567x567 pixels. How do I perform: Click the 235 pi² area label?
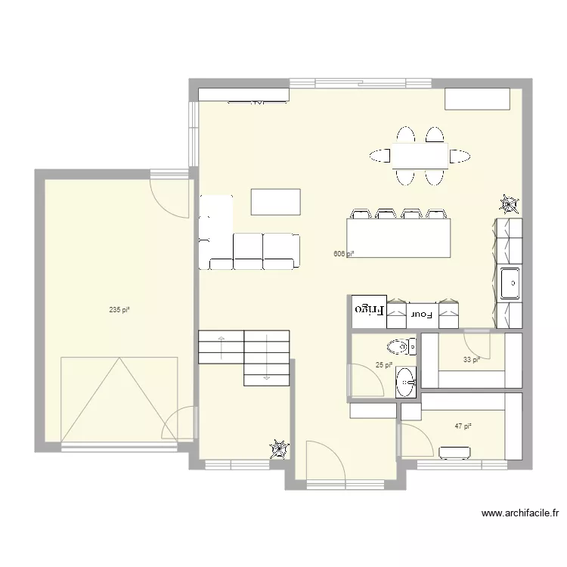[x=119, y=310]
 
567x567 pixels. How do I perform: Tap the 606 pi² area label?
[x=343, y=254]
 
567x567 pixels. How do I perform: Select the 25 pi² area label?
[x=383, y=365]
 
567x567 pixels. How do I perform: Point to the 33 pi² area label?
[x=472, y=359]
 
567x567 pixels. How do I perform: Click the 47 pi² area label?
[x=463, y=426]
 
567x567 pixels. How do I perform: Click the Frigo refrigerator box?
[x=369, y=310]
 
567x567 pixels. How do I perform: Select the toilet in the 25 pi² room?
[x=401, y=347]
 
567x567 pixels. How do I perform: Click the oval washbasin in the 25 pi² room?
[x=406, y=383]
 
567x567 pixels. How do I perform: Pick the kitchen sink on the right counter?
[x=510, y=283]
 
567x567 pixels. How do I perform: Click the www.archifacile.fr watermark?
[x=520, y=513]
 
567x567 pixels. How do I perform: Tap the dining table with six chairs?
[x=420, y=156]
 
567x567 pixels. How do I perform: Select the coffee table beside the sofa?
[x=275, y=202]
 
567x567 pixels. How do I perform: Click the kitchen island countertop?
[x=398, y=237]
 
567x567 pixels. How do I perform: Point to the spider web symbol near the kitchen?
[x=509, y=205]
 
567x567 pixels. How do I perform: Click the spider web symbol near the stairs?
[x=280, y=449]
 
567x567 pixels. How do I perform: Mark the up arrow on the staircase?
[x=221, y=348]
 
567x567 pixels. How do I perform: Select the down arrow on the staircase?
[x=267, y=358]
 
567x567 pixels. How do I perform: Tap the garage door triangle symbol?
[x=119, y=400]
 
